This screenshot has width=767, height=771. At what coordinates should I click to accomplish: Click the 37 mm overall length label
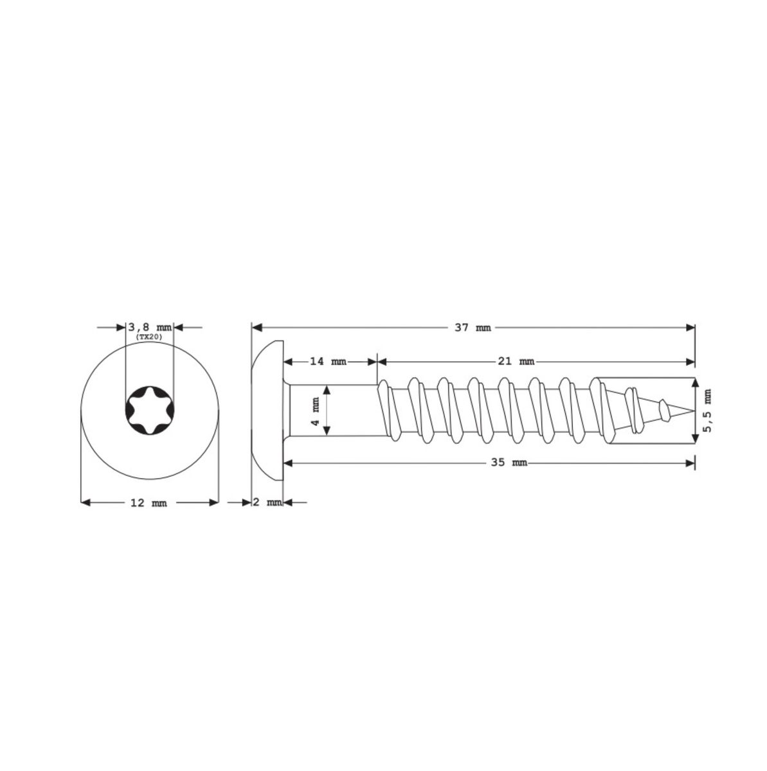(472, 328)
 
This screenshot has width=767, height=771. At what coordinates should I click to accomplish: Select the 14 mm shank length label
(328, 362)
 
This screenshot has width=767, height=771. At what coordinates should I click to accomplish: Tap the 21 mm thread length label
(516, 362)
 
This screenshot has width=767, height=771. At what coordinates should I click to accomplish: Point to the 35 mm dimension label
(509, 463)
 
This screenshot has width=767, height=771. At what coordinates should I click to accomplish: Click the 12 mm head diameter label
(149, 503)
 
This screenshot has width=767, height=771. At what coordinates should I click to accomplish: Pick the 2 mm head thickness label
(267, 502)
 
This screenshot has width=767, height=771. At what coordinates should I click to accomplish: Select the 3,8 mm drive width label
(150, 328)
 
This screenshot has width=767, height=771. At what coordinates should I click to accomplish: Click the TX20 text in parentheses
(149, 337)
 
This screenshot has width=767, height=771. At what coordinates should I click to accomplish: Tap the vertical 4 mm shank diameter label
(316, 411)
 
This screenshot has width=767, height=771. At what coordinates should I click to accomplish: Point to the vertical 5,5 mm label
(707, 410)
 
